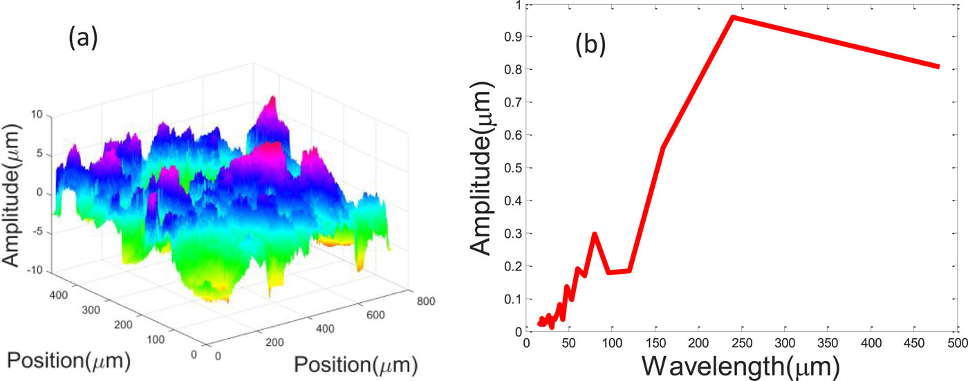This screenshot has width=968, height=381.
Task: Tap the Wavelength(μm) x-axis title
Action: click(741, 364)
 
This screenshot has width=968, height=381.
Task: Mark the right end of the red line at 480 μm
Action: click(938, 67)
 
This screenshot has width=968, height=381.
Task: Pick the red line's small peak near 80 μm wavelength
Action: click(595, 234)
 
